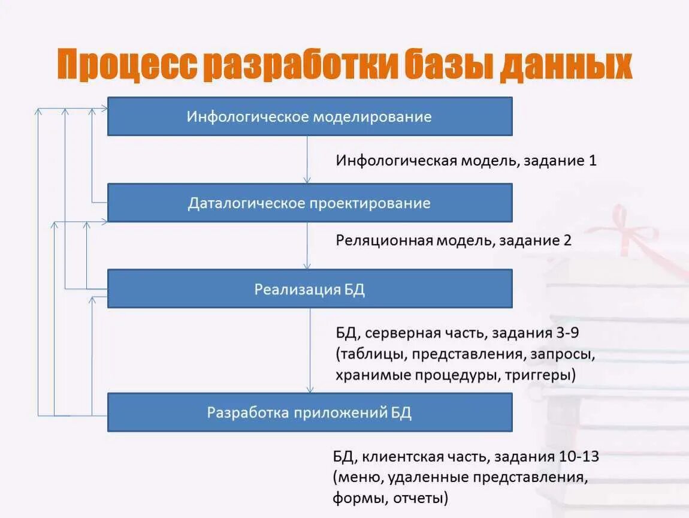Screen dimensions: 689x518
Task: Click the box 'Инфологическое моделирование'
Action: coord(309,116)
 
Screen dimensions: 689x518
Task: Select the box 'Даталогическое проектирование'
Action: coord(309,203)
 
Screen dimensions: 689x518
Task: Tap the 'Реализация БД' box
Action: coord(309,289)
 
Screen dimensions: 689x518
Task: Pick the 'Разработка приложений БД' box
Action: coord(309,412)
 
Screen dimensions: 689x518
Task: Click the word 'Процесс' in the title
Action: coord(128,65)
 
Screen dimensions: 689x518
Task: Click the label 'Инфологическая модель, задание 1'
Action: coord(466,161)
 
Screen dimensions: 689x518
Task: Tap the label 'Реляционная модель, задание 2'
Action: coord(454,240)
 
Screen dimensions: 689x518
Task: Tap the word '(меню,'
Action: coord(359,478)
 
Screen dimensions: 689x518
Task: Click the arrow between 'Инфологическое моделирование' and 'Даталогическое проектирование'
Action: coord(307,159)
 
